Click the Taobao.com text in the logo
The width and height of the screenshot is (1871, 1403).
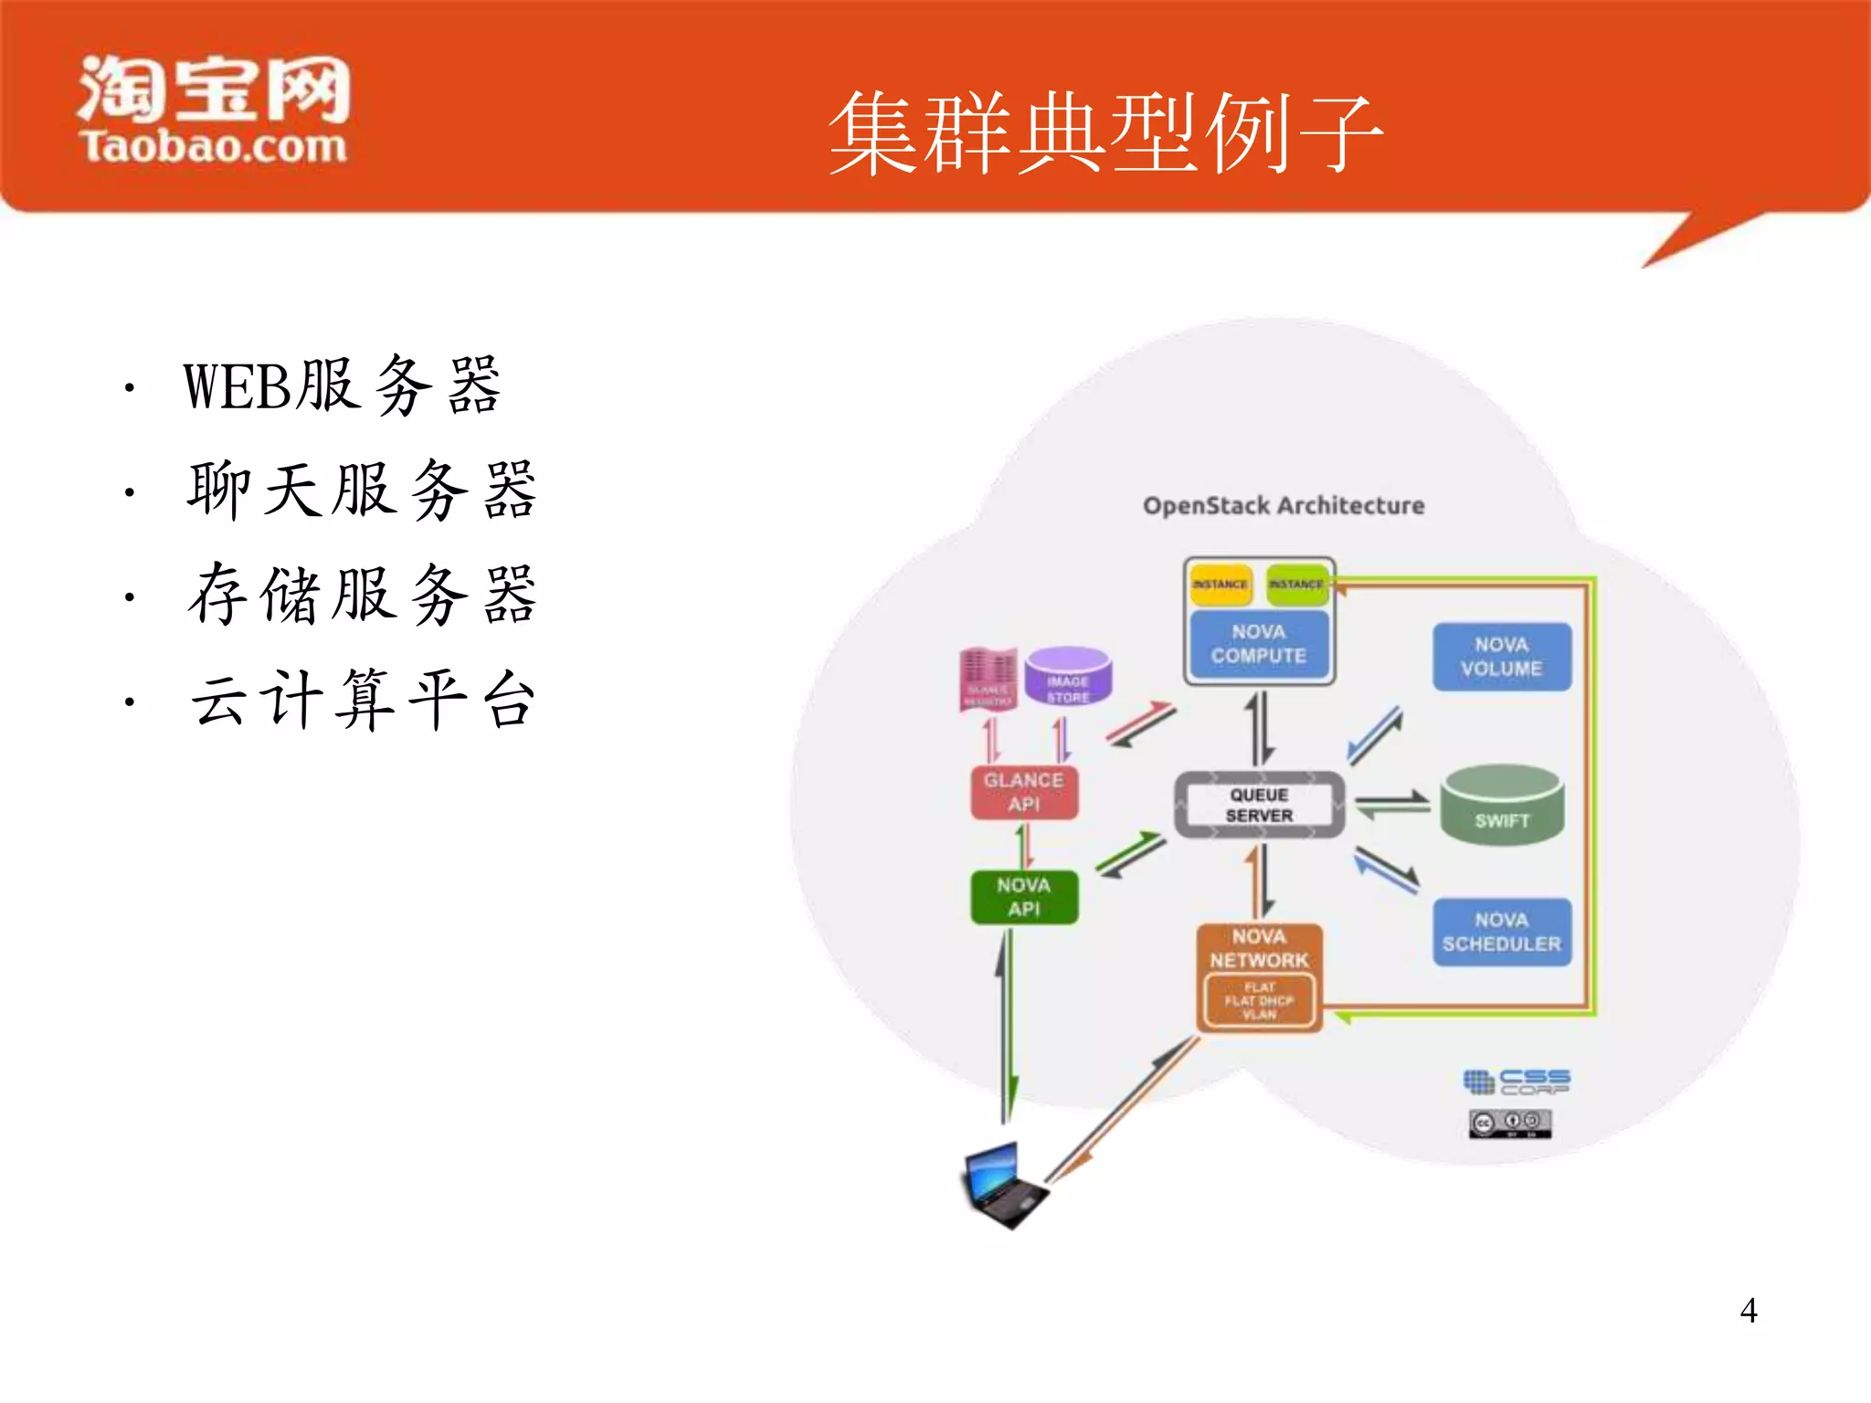click(213, 147)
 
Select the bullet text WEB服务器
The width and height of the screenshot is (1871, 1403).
click(342, 385)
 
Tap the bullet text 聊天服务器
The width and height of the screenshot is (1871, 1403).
click(362, 491)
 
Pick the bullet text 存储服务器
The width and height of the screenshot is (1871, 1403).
click(362, 595)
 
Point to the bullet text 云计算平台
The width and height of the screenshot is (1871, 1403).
click(362, 700)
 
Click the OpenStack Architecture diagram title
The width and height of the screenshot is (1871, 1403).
click(1284, 505)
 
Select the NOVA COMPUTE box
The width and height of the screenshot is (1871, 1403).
click(1259, 644)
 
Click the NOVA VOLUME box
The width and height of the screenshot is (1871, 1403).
click(1501, 657)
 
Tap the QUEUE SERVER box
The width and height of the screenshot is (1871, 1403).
click(1259, 805)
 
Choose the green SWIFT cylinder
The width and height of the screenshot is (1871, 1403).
click(1501, 806)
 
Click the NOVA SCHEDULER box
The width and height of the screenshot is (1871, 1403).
click(1501, 933)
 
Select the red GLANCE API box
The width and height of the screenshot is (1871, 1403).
click(1024, 792)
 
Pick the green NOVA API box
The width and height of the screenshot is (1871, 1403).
click(1024, 897)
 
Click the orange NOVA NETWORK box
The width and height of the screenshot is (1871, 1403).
click(1259, 949)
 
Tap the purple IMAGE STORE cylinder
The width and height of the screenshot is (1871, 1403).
click(1068, 677)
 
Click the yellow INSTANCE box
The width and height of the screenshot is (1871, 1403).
click(1220, 585)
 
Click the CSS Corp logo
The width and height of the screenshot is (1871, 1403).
click(1517, 1082)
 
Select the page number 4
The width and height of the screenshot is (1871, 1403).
click(1748, 1311)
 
